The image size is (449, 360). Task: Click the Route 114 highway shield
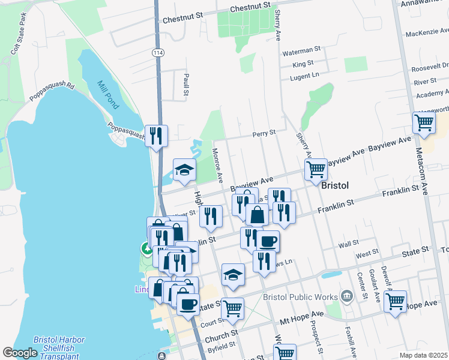pyautogui.click(x=158, y=53)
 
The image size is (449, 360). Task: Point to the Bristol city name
pyautogui.click(x=335, y=186)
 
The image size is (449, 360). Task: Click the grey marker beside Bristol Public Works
pyautogui.click(x=346, y=296)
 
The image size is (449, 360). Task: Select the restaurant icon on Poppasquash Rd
pyautogui.click(x=156, y=135)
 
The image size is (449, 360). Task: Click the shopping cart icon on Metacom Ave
pyautogui.click(x=424, y=123)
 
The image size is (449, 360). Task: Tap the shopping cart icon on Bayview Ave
pyautogui.click(x=315, y=169)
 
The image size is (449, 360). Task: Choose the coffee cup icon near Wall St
pyautogui.click(x=268, y=241)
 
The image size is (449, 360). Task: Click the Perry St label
pyautogui.click(x=264, y=133)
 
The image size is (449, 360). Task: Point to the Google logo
pyautogui.click(x=20, y=353)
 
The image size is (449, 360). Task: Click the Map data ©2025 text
pyautogui.click(x=423, y=355)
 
